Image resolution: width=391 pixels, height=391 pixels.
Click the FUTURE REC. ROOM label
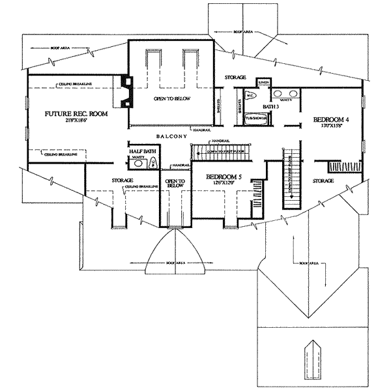76,114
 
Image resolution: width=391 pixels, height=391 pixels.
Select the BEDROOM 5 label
222,176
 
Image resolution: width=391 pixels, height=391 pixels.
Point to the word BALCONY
171,136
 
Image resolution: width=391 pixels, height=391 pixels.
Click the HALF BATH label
141,152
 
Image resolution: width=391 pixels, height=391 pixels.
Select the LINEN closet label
264,82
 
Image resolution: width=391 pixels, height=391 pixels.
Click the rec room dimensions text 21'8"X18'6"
76,121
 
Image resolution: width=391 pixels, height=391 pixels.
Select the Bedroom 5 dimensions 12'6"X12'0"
222,183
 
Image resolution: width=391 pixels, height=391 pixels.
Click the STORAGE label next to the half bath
122,180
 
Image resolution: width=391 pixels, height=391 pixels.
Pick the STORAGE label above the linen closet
235,77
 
